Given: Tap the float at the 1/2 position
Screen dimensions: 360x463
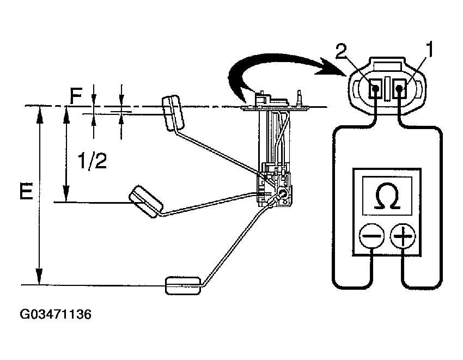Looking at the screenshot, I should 145,202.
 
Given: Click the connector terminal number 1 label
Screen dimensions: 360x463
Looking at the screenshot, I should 429,52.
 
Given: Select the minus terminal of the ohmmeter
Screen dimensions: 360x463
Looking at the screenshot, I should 371,237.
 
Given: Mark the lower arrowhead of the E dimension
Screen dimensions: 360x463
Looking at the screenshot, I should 39,277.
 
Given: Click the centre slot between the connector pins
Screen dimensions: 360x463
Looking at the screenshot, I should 388,89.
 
